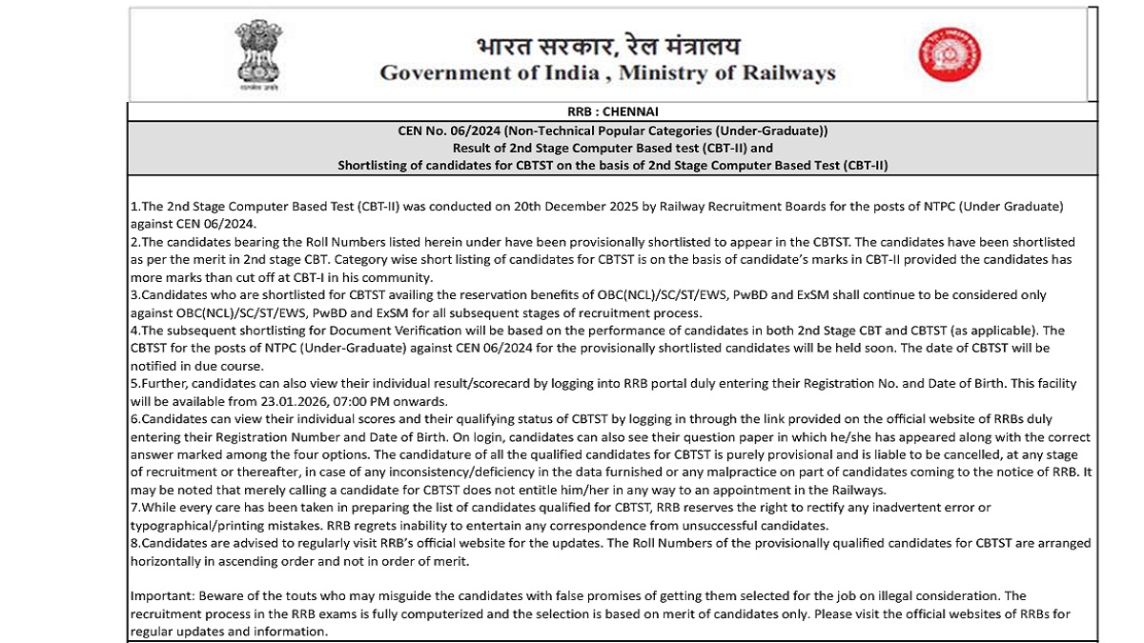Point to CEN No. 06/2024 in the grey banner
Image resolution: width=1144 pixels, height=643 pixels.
pos(448,131)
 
